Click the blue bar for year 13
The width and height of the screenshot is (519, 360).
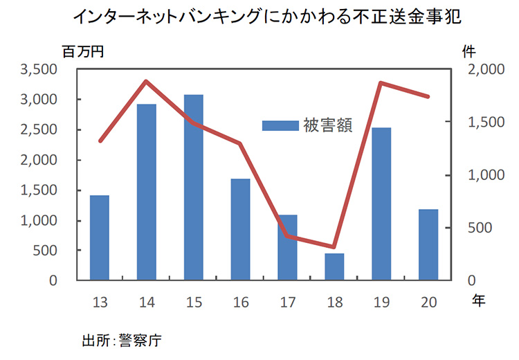pos(100,238)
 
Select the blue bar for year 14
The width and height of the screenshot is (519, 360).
pos(146,192)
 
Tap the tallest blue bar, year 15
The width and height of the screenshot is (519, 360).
pos(193,187)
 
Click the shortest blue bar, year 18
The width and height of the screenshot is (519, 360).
pos(334,267)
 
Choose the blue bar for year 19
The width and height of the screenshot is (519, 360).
pos(381,204)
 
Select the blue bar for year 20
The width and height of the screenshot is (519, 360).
pos(428,245)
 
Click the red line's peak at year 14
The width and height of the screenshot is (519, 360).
pos(146,81)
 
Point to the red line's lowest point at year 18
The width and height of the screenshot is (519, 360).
pos(334,247)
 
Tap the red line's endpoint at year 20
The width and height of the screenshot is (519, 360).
pos(428,97)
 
